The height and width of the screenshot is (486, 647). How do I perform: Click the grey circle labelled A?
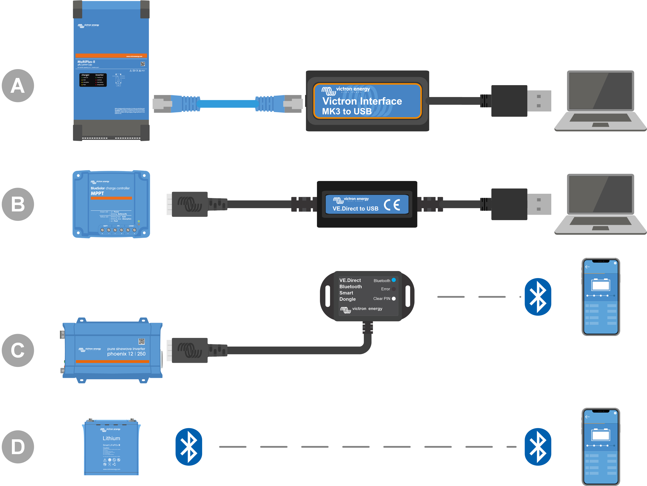click(x=18, y=86)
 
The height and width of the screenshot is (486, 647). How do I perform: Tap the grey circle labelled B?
click(x=18, y=204)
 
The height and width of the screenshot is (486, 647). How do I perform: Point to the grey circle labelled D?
click(x=18, y=447)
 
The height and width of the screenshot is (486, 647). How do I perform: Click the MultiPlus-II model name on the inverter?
click(x=86, y=62)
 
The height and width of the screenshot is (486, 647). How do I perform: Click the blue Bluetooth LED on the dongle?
click(x=394, y=280)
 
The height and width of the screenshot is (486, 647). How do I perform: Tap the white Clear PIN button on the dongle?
click(x=394, y=298)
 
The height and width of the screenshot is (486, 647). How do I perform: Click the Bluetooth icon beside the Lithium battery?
click(x=189, y=447)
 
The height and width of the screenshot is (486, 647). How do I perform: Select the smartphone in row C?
click(x=601, y=297)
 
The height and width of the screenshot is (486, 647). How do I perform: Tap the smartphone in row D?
click(x=601, y=447)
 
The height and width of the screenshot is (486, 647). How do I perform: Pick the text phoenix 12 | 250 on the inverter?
click(x=126, y=354)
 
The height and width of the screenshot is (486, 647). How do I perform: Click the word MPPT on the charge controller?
click(x=97, y=194)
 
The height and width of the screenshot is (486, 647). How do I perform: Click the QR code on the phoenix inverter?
click(x=142, y=341)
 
